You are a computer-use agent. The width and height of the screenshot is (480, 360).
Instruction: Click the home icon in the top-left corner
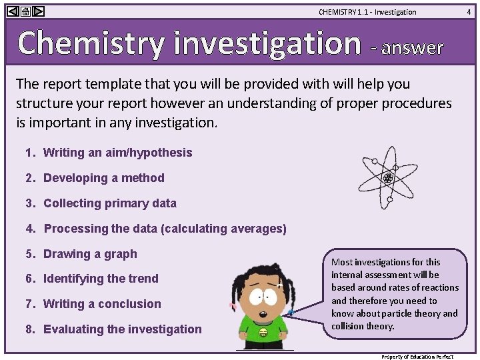(25, 11)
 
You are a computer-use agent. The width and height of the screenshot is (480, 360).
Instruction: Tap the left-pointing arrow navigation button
(11, 11)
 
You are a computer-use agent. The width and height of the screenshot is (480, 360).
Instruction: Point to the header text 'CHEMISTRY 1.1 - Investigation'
(367, 12)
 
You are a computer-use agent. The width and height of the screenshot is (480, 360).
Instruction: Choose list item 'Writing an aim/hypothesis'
(117, 153)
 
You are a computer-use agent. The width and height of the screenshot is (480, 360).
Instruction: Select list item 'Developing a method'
(103, 178)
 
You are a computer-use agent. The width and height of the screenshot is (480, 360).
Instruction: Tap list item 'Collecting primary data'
(110, 203)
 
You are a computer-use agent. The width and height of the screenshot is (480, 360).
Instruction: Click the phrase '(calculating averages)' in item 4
(223, 229)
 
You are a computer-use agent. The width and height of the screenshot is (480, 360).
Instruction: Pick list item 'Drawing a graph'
(90, 254)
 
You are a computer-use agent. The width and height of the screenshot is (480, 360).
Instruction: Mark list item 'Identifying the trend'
(101, 279)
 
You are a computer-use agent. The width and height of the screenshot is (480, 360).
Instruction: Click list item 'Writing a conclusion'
(102, 304)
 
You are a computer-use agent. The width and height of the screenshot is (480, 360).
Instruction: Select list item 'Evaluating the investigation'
(122, 329)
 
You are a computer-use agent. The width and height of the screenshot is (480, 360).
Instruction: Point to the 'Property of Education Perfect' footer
(417, 357)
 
